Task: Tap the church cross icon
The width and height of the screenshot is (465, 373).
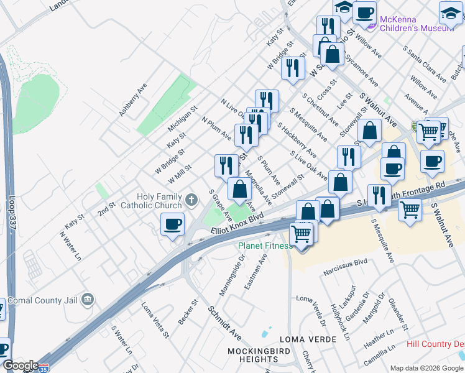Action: [x=191, y=200]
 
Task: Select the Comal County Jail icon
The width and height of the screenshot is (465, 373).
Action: [x=88, y=300]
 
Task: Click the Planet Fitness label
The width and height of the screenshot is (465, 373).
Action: [x=265, y=246]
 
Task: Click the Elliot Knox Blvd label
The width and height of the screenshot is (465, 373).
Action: [x=237, y=224]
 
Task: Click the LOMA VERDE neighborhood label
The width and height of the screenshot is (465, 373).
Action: [x=308, y=339]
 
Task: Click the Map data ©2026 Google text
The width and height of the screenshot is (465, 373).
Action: [x=426, y=367]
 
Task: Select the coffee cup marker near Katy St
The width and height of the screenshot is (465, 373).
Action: [x=172, y=224]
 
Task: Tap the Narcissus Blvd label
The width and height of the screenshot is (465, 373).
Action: [x=346, y=272]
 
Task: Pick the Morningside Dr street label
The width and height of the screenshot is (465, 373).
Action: [x=229, y=279]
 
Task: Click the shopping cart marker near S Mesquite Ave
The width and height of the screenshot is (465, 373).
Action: [x=409, y=209]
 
